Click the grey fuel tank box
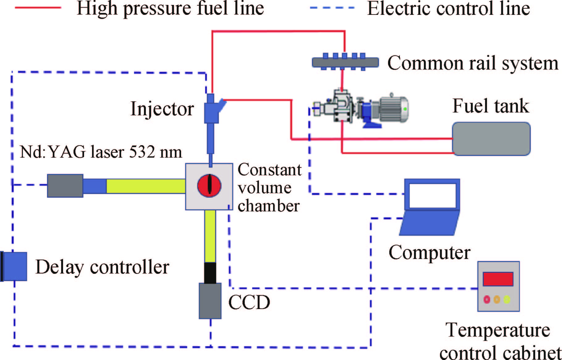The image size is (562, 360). (491, 138)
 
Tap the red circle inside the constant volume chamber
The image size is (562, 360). (209, 185)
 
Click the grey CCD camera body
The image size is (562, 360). (210, 301)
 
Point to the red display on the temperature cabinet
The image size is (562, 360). (498, 279)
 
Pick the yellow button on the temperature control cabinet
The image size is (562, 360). (507, 299)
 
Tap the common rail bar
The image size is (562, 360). (345, 62)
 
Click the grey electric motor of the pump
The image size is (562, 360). (393, 109)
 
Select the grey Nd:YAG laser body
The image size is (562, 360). (65, 186)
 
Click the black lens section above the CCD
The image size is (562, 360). (210, 273)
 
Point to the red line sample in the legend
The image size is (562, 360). (38, 8)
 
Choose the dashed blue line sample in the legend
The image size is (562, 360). (332, 8)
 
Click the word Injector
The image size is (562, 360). (162, 109)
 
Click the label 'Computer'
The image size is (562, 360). (429, 253)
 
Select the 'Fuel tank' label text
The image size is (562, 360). (491, 106)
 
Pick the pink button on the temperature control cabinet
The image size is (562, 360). (487, 299)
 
